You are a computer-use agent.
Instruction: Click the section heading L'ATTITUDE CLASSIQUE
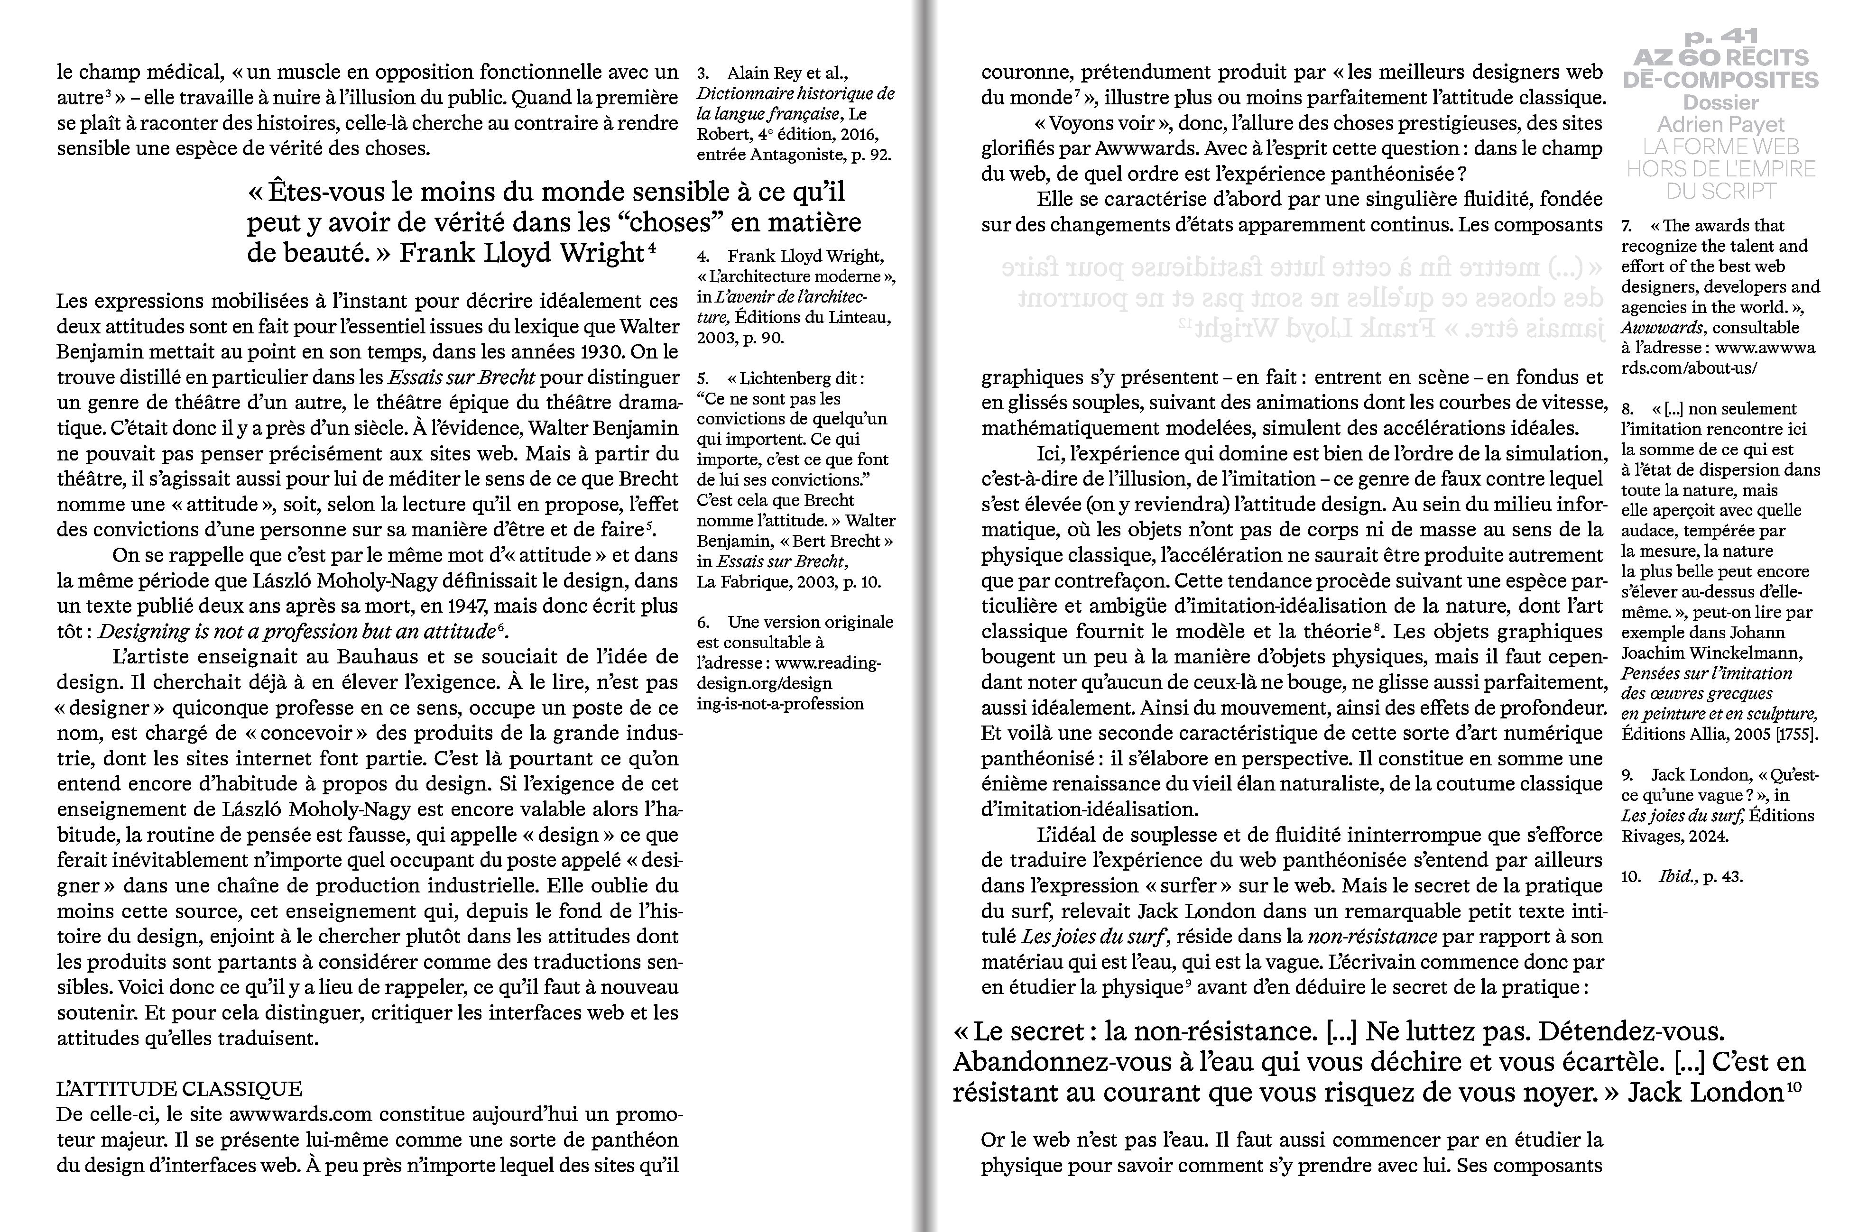point(179,1089)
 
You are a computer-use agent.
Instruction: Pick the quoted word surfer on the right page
point(1188,885)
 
